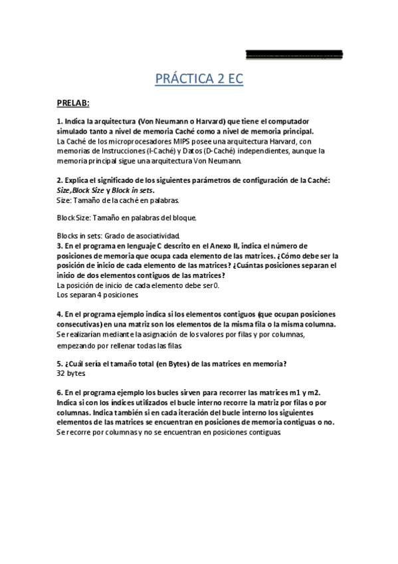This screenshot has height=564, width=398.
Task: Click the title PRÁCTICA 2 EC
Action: pyautogui.click(x=199, y=80)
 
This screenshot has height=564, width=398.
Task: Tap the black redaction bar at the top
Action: pyautogui.click(x=294, y=53)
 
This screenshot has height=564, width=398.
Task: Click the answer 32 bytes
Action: pyautogui.click(x=72, y=373)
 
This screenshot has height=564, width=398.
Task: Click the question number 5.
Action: pyautogui.click(x=59, y=363)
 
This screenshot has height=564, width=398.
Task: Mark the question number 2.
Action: pyautogui.click(x=59, y=180)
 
